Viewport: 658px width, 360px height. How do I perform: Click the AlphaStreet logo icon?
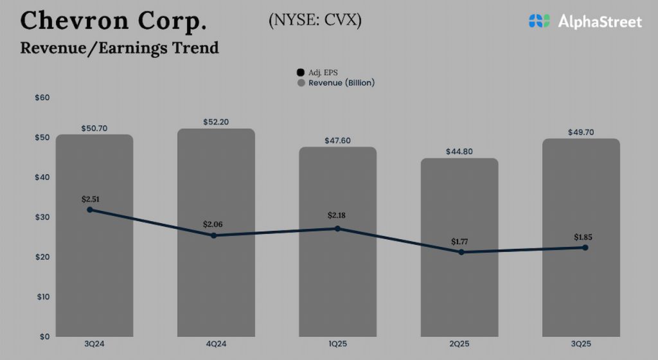tap(540, 21)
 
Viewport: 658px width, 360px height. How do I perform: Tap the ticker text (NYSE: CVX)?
tap(315, 20)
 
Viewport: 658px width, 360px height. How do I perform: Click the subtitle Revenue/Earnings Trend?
tap(120, 48)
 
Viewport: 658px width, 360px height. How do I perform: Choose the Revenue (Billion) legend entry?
tap(335, 83)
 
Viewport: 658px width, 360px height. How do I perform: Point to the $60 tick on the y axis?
tap(42, 98)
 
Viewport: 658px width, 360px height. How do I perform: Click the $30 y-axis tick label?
tap(42, 217)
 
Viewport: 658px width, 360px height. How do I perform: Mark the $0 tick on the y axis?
tap(44, 337)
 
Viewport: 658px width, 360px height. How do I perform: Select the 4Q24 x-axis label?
tap(216, 345)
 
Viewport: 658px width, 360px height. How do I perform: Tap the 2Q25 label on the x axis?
tap(459, 345)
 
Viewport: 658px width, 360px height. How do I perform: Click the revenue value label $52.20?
tap(216, 122)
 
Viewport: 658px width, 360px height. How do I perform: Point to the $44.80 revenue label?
tap(459, 152)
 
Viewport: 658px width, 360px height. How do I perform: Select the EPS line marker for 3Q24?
tap(90, 210)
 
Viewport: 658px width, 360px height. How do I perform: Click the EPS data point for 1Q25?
tap(337, 228)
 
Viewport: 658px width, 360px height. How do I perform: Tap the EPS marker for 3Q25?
tap(585, 248)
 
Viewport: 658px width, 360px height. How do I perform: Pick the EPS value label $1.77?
tap(460, 242)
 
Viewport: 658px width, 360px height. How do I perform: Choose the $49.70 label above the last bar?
tap(581, 132)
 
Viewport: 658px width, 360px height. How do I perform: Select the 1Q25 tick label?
tap(337, 345)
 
